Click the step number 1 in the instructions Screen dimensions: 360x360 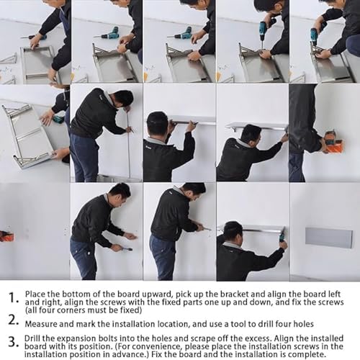click(12, 297)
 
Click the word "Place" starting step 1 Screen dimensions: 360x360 click(36, 294)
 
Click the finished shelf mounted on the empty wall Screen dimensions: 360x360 click(328, 238)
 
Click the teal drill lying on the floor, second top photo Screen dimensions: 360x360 click(109, 33)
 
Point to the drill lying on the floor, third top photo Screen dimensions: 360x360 click(181, 33)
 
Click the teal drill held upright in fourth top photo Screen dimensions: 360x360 click(263, 29)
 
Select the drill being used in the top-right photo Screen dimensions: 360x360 click(315, 35)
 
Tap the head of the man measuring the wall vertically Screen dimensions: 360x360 click(123, 98)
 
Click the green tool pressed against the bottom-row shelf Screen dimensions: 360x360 click(282, 235)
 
